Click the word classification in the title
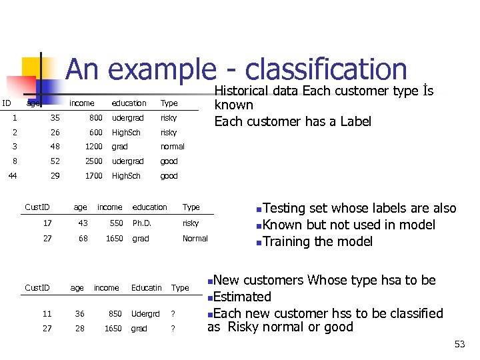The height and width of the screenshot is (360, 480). point(326,70)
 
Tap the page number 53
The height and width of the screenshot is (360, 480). point(459,344)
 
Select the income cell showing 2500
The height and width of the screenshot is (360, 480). point(93,161)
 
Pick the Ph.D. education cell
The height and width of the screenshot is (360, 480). point(143,223)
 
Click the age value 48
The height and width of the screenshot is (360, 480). point(55,147)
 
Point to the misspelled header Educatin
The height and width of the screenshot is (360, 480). point(146,288)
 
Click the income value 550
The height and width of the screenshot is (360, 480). point(116,223)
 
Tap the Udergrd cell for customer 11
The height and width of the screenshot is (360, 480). point(145,314)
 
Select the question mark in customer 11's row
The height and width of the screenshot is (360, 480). point(173,314)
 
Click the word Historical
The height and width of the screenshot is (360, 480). point(255,91)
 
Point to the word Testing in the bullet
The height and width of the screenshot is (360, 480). point(285,209)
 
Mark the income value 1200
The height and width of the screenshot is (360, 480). point(93,147)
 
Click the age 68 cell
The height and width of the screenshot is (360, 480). point(83,239)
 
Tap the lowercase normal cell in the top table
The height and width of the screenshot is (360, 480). point(172,147)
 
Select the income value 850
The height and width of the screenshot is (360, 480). point(115,314)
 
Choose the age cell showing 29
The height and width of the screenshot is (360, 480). point(55,176)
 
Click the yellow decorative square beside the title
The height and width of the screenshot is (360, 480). point(29,67)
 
